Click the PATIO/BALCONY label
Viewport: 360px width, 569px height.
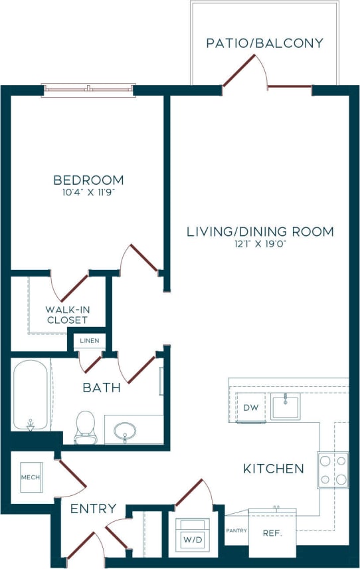[264, 43]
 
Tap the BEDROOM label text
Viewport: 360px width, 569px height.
[88, 180]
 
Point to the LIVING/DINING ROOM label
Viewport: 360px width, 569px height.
[260, 232]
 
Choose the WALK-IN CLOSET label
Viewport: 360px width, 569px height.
[66, 314]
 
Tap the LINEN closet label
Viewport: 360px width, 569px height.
[89, 341]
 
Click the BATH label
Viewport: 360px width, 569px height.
[102, 387]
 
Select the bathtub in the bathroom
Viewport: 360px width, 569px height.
[31, 396]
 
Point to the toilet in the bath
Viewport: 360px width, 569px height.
[86, 427]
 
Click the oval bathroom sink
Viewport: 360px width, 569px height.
[124, 431]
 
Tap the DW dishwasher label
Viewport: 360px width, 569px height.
[250, 407]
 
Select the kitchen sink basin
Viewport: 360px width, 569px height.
[286, 407]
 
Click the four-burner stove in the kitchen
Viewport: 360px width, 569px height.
[333, 469]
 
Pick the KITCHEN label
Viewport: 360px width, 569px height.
[273, 469]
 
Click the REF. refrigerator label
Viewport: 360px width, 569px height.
[272, 532]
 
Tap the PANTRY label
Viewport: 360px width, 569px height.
[236, 530]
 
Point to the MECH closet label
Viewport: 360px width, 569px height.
[30, 477]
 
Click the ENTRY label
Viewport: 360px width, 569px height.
[94, 509]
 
